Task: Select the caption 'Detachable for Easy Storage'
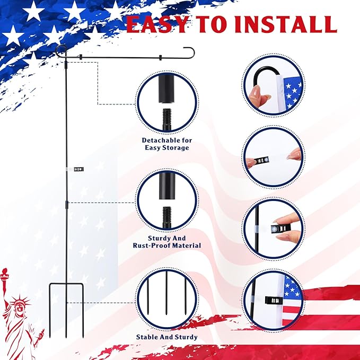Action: coord(166,144)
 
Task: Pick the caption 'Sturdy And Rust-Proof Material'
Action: coord(166,242)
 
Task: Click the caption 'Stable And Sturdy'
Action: coord(166,337)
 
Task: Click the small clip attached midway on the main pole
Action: coord(77,169)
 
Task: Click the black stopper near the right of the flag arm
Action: coord(159,57)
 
